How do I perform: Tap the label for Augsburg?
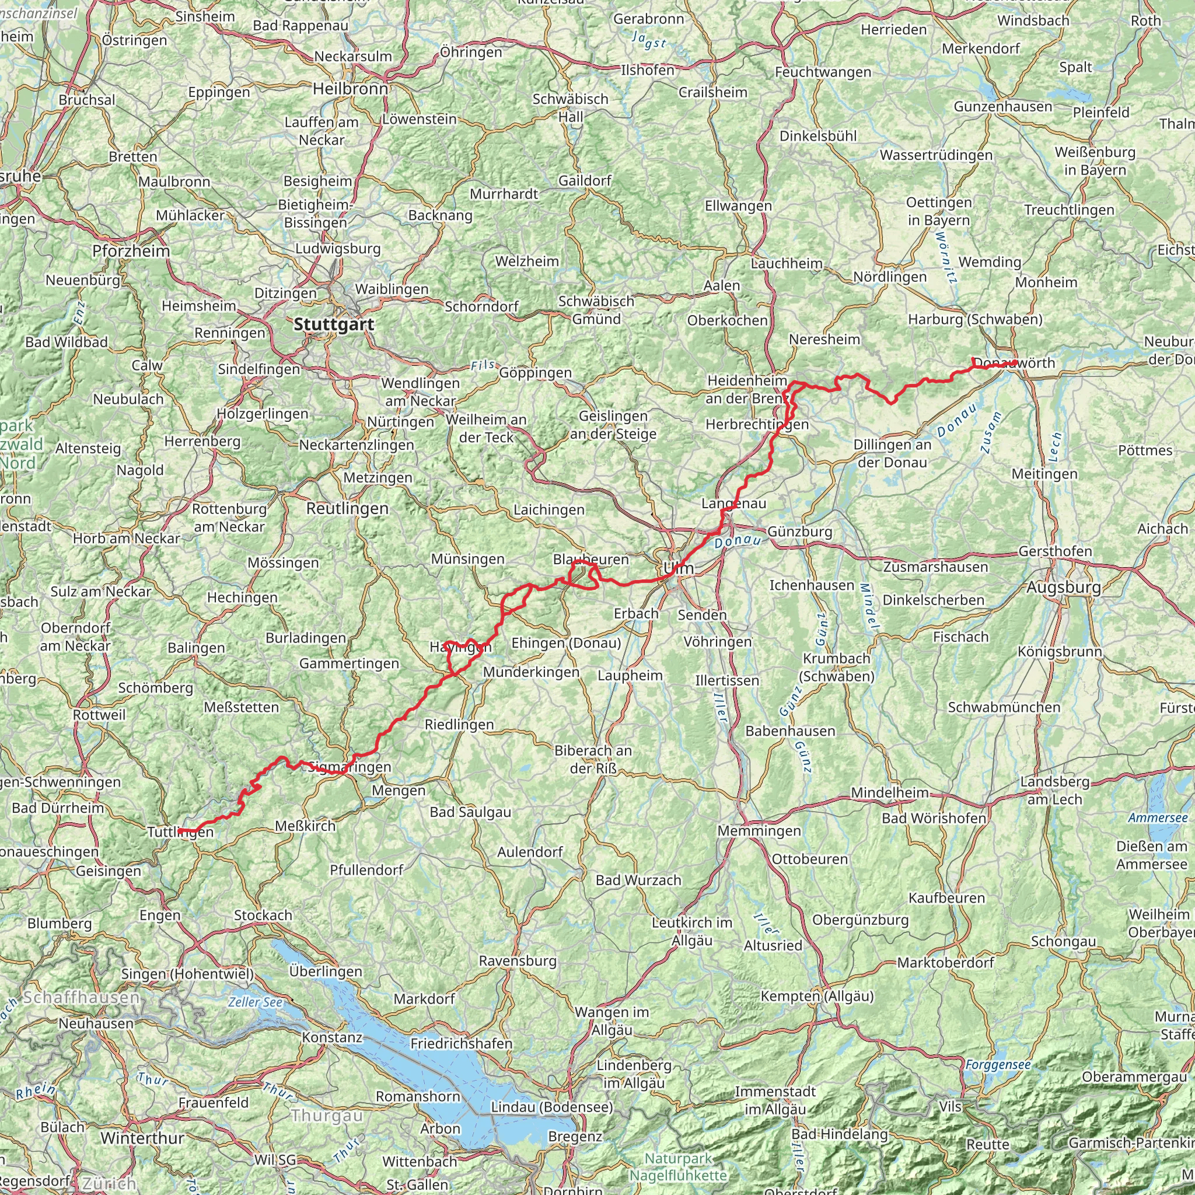[1064, 587]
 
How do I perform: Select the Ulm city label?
[679, 568]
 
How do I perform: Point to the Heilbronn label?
[350, 89]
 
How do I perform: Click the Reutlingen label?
[348, 508]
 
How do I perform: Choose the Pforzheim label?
[131, 251]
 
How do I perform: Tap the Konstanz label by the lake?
[332, 1037]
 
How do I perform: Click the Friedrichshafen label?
[462, 1043]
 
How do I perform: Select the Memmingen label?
[759, 831]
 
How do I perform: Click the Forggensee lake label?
[998, 1064]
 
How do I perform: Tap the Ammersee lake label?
[1158, 818]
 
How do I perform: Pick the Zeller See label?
[255, 1002]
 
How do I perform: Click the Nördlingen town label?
[890, 277]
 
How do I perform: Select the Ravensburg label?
[518, 960]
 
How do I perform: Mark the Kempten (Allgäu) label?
[817, 996]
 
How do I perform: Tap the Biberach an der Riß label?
[593, 759]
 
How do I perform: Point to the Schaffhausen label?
[82, 998]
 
